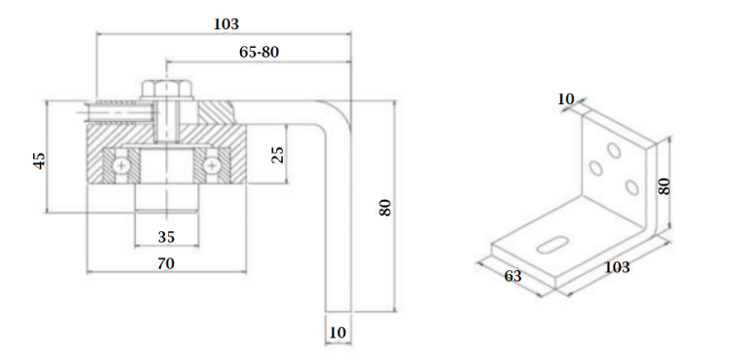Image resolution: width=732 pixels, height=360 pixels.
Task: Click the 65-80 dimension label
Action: point(259,52)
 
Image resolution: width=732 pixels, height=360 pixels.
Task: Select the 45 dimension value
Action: point(40,161)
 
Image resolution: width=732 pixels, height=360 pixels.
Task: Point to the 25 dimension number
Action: point(277,154)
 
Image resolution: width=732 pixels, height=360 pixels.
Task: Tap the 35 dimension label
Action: point(166,237)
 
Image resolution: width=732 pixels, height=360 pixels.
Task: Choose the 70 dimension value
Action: point(166,263)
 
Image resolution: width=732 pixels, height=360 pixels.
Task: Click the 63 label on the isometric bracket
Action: point(512,276)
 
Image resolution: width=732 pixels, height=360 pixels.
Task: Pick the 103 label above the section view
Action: point(226,23)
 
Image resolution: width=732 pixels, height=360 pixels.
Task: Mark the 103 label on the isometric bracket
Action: point(617,267)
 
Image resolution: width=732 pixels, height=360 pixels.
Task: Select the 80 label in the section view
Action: point(385,207)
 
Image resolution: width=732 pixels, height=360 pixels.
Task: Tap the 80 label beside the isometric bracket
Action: point(664,186)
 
